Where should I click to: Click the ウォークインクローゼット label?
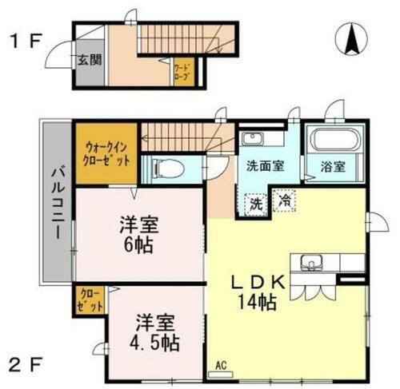(x=107, y=149)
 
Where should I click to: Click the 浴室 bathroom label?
(x=334, y=168)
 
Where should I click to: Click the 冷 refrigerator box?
(x=283, y=202)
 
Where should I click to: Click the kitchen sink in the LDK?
(x=310, y=260)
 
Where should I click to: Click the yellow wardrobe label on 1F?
(x=182, y=73)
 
